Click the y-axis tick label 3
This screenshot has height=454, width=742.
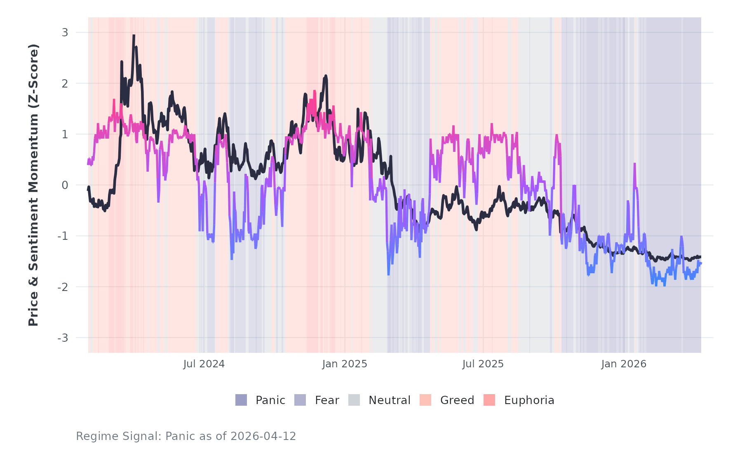click(x=65, y=33)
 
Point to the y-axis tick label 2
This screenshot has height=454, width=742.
click(x=65, y=83)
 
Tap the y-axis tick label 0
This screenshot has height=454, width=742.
click(x=65, y=185)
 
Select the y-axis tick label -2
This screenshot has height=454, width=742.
click(x=63, y=287)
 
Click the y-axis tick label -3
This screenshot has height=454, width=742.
click(x=63, y=338)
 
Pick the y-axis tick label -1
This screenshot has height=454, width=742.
click(x=63, y=236)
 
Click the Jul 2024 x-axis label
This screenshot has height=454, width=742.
click(x=204, y=364)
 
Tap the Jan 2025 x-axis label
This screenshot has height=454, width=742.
click(x=345, y=364)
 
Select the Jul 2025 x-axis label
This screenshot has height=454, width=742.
click(x=483, y=364)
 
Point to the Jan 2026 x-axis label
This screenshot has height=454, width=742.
click(x=624, y=364)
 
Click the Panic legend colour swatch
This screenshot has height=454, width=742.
click(x=241, y=400)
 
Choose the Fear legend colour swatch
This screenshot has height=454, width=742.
click(x=300, y=400)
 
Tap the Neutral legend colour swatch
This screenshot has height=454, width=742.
click(x=354, y=400)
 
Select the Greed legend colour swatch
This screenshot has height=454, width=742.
click(x=425, y=400)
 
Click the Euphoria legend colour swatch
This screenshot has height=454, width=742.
click(x=489, y=400)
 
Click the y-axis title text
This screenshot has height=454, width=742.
click(x=33, y=185)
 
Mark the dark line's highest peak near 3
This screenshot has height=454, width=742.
click(x=134, y=35)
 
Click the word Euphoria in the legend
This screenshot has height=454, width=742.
click(x=529, y=400)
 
